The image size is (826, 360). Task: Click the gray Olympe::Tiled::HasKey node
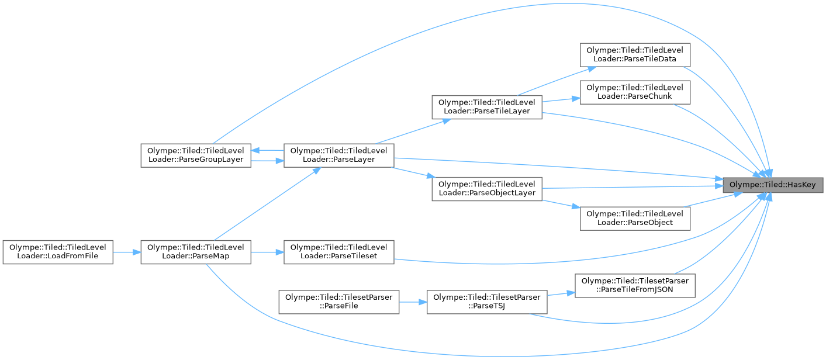click(x=773, y=185)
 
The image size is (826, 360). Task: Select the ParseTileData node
click(x=635, y=55)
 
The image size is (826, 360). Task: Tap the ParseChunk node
click(x=635, y=92)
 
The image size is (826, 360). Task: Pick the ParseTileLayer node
click(x=487, y=107)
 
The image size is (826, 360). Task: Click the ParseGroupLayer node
click(x=196, y=154)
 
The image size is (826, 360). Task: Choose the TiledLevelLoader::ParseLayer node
click(x=338, y=154)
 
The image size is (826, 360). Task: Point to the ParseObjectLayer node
click(x=487, y=188)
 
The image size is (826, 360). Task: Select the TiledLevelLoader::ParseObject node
click(x=635, y=217)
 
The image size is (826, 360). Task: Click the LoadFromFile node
click(x=57, y=252)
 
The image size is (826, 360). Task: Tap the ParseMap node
click(x=196, y=252)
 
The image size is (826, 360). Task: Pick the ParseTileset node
click(x=338, y=252)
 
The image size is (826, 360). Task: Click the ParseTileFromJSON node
click(x=635, y=286)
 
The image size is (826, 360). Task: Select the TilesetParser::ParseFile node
click(x=338, y=302)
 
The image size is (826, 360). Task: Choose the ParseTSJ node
click(x=487, y=302)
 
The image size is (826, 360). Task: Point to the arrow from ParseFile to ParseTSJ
click(x=413, y=302)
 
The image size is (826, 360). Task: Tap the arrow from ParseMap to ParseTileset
click(x=268, y=252)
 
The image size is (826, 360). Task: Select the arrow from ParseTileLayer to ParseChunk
click(x=561, y=99)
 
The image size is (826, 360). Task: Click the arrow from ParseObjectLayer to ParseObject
click(x=561, y=203)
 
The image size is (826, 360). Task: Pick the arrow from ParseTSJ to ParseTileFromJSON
click(x=561, y=294)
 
